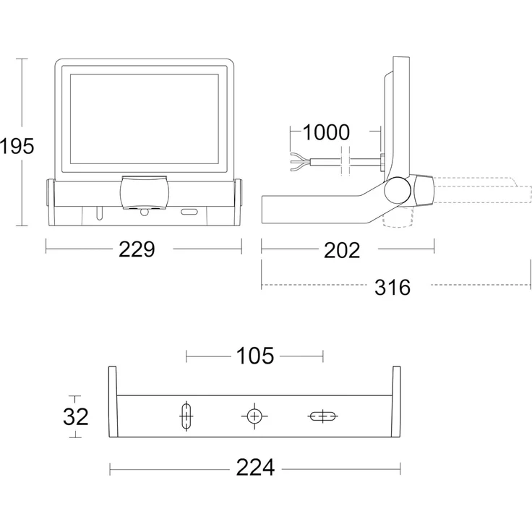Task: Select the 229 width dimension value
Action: (x=137, y=250)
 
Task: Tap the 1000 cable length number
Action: (x=325, y=132)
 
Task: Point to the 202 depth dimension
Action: (x=342, y=250)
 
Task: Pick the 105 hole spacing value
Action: (x=255, y=356)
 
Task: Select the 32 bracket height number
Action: (x=76, y=417)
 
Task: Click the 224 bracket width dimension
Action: (x=255, y=468)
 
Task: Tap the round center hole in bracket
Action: (x=254, y=416)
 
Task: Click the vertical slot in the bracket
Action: (x=186, y=417)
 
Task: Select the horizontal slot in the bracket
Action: (x=322, y=416)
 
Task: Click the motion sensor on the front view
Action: (x=145, y=194)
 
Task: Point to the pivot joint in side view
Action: (x=397, y=190)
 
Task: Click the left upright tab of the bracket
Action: (x=113, y=401)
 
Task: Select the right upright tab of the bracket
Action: (x=396, y=401)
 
